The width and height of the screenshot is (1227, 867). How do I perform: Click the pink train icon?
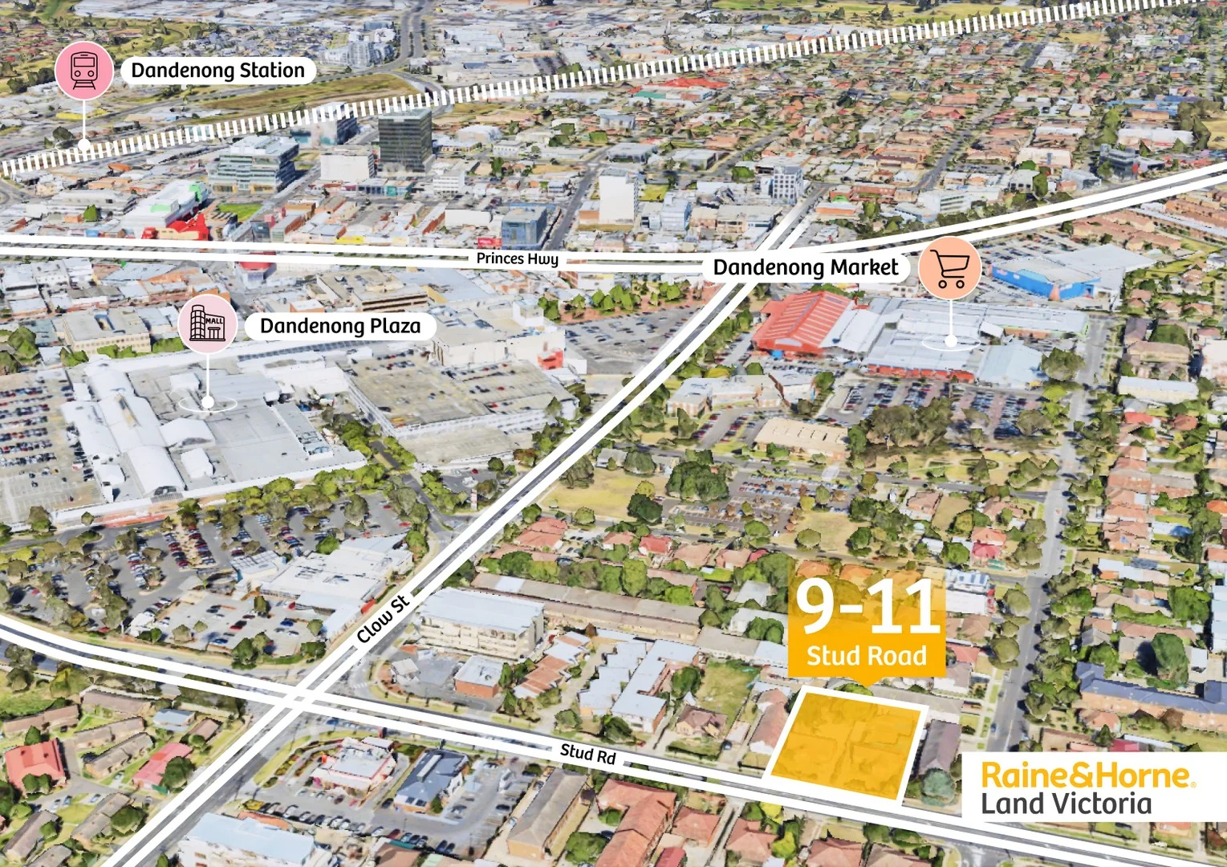tap(84, 70)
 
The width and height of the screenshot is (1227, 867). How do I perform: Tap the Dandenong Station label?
tap(217, 71)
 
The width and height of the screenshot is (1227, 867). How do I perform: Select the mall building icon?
tap(207, 324)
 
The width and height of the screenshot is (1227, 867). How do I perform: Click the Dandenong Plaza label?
tap(340, 326)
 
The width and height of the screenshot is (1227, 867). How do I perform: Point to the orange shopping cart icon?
tap(950, 267)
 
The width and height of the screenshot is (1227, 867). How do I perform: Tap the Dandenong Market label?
tap(806, 267)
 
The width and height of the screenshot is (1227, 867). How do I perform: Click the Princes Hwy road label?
tap(517, 258)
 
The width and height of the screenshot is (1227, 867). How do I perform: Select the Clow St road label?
tap(383, 618)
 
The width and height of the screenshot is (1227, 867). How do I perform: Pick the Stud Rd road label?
tap(587, 753)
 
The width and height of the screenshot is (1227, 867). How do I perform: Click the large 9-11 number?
tap(867, 608)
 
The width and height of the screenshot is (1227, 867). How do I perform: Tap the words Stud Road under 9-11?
tap(867, 656)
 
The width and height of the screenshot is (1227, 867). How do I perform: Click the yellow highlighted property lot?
tap(847, 744)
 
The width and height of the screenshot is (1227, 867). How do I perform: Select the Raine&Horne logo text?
tap(1087, 775)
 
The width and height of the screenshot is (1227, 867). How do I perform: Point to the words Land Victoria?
tap(1066, 804)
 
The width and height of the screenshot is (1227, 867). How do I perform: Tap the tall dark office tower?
tap(405, 139)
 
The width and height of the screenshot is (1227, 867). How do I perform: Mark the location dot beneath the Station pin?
tap(84, 145)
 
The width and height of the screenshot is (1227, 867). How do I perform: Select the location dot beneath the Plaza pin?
tap(208, 401)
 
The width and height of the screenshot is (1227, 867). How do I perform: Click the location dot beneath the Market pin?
tap(950, 341)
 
